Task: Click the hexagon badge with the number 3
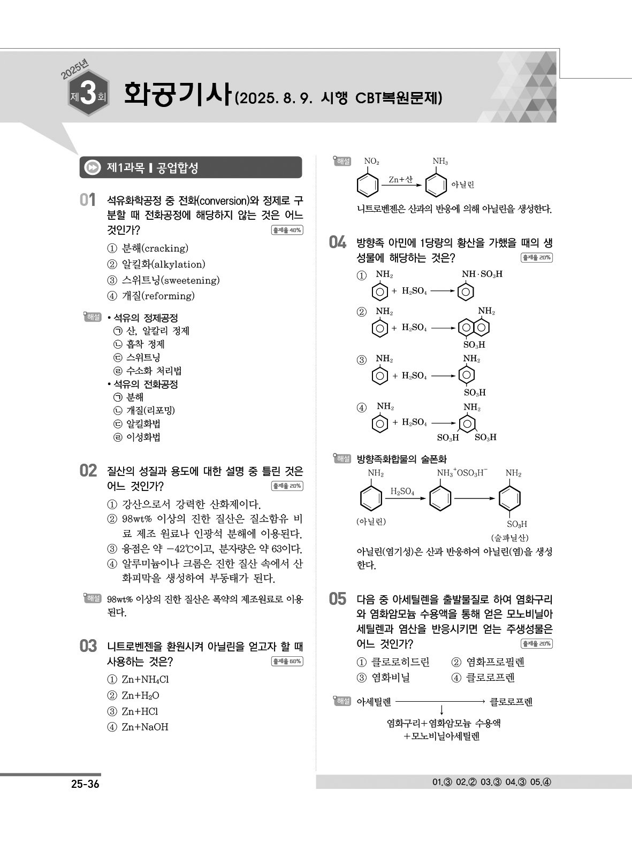(89, 97)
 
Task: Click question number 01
(87, 201)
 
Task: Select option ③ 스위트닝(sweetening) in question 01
(163, 280)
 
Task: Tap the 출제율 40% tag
(287, 231)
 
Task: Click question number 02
(87, 471)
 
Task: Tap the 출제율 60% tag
(287, 662)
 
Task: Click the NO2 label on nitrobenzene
(371, 161)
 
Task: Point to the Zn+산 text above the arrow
(400, 180)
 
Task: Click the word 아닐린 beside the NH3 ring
(462, 185)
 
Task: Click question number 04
(338, 243)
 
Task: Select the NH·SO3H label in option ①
(482, 274)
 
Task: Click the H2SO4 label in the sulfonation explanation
(402, 491)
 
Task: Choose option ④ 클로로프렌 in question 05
(483, 678)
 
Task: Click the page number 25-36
(85, 785)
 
